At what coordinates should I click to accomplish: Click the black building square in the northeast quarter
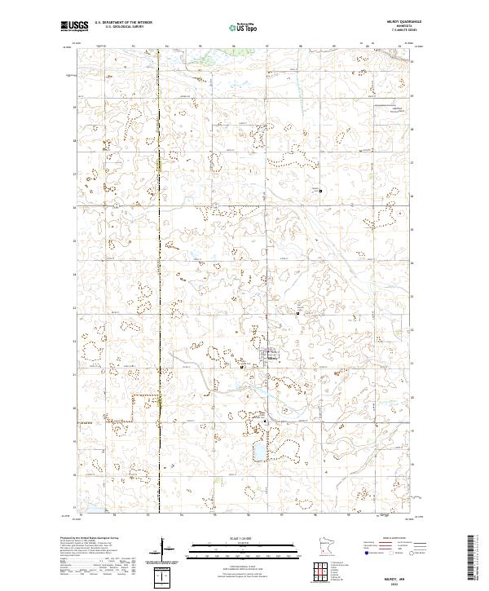tap(320, 191)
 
